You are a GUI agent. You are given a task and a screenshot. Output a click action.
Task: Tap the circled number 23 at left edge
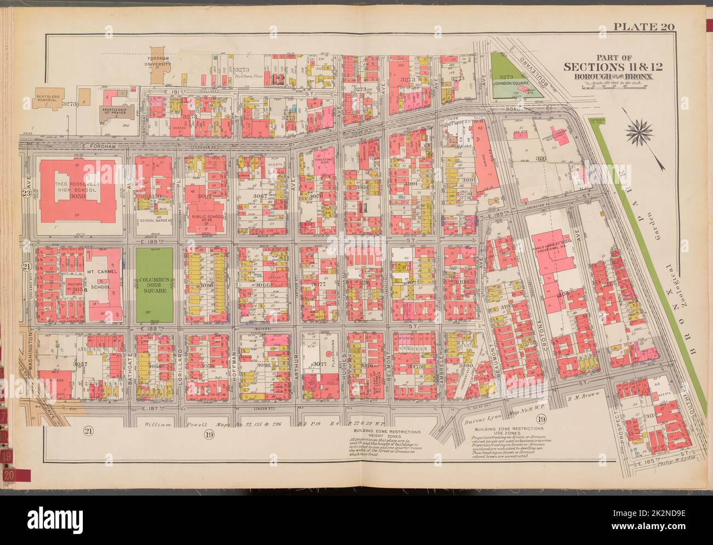coord(25,192)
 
